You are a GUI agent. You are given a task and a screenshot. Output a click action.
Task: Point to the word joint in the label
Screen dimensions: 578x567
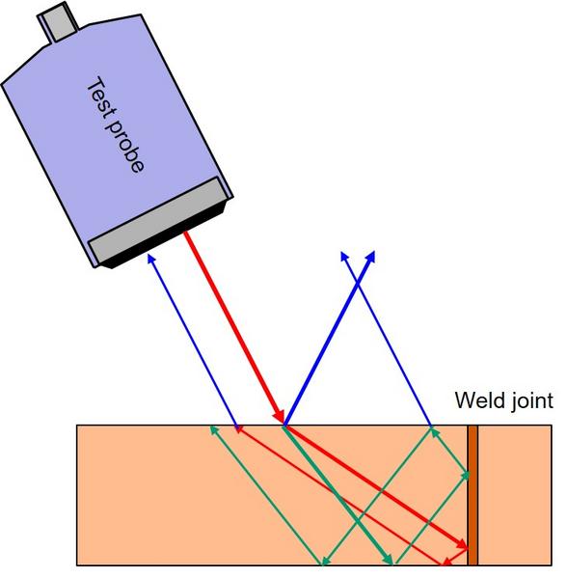tap(529, 400)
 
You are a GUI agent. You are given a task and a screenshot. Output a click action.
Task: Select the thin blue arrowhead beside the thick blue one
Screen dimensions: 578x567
tap(345, 258)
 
